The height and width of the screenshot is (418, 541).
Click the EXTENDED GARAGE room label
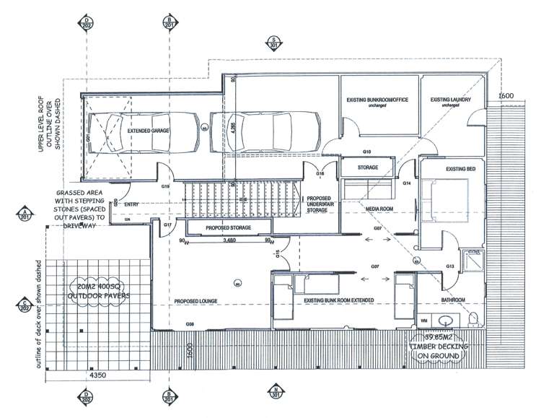(149, 132)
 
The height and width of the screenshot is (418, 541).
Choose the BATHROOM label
(454, 300)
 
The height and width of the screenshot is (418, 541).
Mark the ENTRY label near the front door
(131, 204)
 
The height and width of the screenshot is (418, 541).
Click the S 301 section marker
(275, 42)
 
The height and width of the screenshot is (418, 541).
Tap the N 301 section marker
(275, 392)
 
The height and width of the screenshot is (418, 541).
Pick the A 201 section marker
(26, 214)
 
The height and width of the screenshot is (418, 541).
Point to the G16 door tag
(320, 174)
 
